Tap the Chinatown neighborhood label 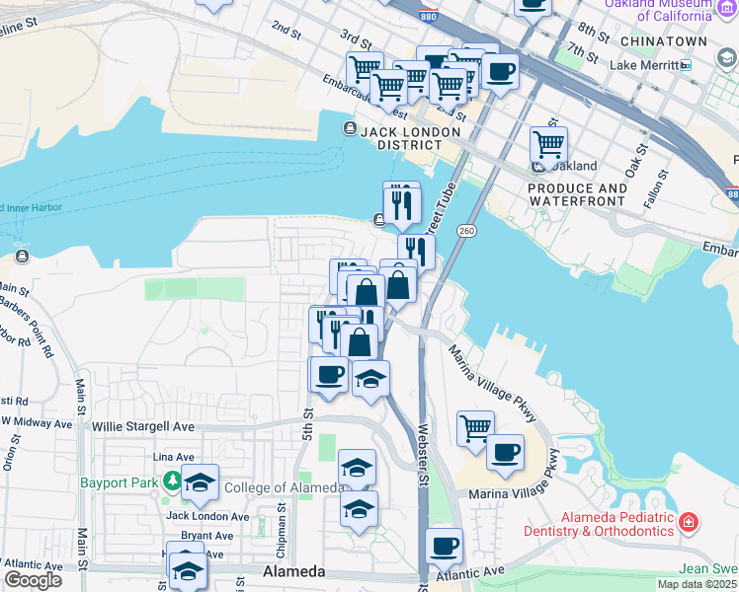(664, 41)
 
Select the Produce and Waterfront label (577, 194)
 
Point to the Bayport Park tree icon (174, 481)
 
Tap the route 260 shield (466, 230)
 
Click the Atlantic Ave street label (474, 571)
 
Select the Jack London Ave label (207, 516)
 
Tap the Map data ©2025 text (696, 584)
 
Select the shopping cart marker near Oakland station (548, 145)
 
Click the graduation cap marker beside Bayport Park (200, 482)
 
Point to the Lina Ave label (174, 457)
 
